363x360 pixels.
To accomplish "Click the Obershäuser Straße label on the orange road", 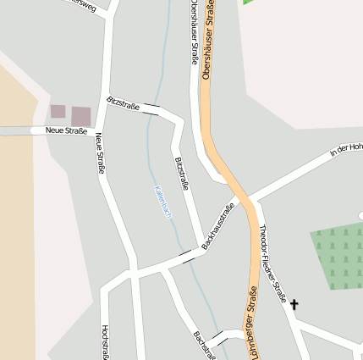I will point(209,41).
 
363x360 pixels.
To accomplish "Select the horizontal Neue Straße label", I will point(67,130).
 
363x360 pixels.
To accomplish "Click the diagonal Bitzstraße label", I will point(124,104).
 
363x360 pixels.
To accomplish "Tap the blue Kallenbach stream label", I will point(162,202).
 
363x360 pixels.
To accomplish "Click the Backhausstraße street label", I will point(218,225).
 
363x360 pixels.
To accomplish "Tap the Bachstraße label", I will point(205,345).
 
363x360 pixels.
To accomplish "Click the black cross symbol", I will point(294,303).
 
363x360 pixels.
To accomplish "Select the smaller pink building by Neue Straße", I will point(58,111).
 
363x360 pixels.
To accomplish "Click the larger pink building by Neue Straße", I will point(81,116).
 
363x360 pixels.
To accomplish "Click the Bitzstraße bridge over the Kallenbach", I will point(151,108).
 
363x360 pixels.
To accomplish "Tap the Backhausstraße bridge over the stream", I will point(186,253).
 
